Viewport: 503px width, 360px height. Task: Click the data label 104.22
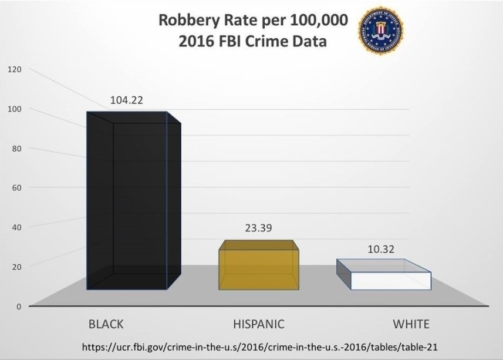click(x=126, y=100)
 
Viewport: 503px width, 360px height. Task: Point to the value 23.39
click(x=259, y=227)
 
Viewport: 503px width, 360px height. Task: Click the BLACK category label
click(x=106, y=324)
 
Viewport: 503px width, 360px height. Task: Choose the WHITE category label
click(x=411, y=324)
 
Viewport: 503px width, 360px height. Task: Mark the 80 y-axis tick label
click(x=16, y=148)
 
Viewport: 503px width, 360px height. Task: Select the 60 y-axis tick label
click(x=16, y=187)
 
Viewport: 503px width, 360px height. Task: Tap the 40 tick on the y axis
click(x=16, y=227)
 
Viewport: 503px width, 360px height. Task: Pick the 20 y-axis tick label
click(x=16, y=267)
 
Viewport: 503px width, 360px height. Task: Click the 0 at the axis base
click(x=19, y=306)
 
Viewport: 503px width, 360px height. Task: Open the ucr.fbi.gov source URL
click(x=251, y=348)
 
